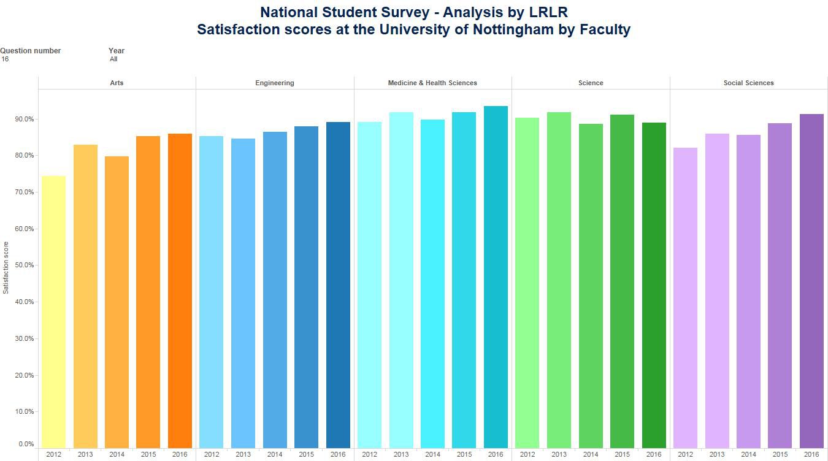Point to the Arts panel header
click(x=117, y=83)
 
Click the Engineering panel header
click(x=275, y=83)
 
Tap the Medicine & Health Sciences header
click(x=432, y=83)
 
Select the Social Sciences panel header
click(x=748, y=83)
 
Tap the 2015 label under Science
click(x=622, y=455)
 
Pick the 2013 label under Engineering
click(x=243, y=455)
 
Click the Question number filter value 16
click(x=5, y=59)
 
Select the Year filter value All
click(x=113, y=59)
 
